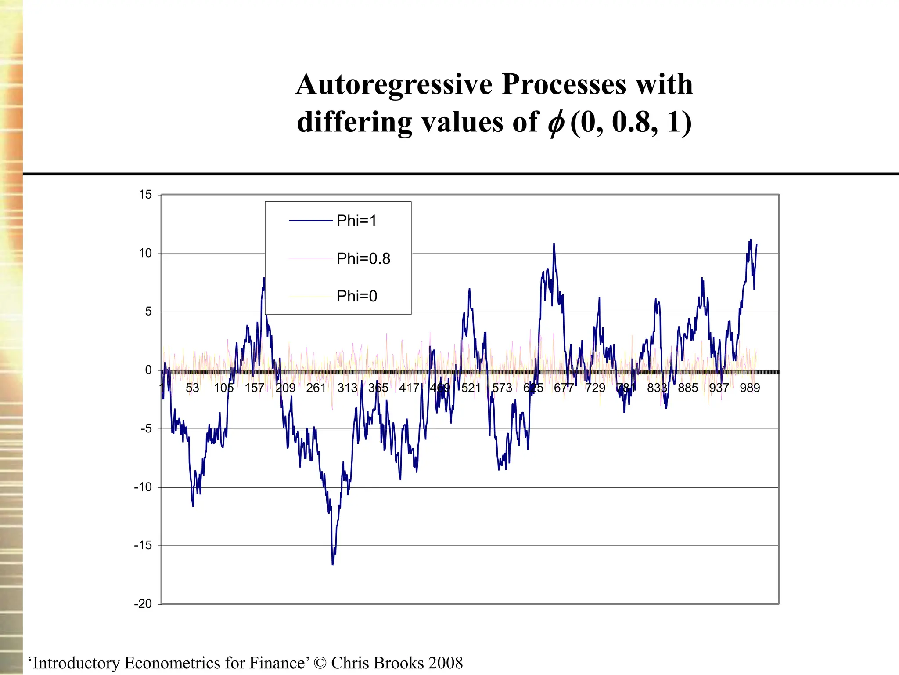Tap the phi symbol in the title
556,124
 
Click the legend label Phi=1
356,221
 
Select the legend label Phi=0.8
363,259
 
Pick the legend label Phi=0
356,296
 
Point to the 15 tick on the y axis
145,195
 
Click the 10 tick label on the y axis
145,253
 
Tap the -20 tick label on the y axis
143,604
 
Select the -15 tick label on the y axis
143,545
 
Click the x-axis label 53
192,388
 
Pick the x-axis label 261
316,388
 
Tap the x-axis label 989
750,388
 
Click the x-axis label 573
502,388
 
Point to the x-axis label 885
688,388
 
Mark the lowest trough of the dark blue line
333,564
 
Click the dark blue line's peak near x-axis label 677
554,244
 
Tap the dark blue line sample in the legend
310,221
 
